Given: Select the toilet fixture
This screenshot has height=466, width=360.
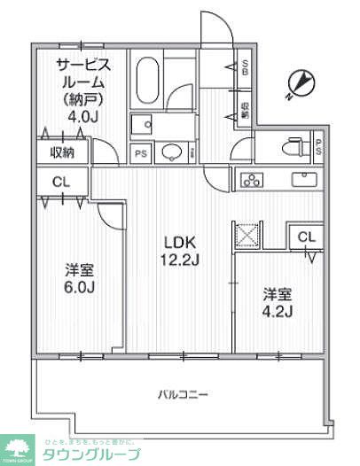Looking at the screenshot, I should [x=290, y=148].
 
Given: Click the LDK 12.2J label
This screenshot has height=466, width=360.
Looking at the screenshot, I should [x=178, y=250].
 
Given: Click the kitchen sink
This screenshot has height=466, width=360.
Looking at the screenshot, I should [x=306, y=180].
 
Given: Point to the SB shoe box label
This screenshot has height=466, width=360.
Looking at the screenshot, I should [x=245, y=67].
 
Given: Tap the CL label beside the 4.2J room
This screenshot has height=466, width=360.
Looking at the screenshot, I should [x=306, y=237].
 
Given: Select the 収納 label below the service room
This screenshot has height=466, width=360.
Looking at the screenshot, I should [x=62, y=152].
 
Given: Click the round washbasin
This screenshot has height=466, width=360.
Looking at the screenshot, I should [x=171, y=153].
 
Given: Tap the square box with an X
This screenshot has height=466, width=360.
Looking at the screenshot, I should [x=246, y=236].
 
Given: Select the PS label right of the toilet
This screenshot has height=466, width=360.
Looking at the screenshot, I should [x=318, y=147].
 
